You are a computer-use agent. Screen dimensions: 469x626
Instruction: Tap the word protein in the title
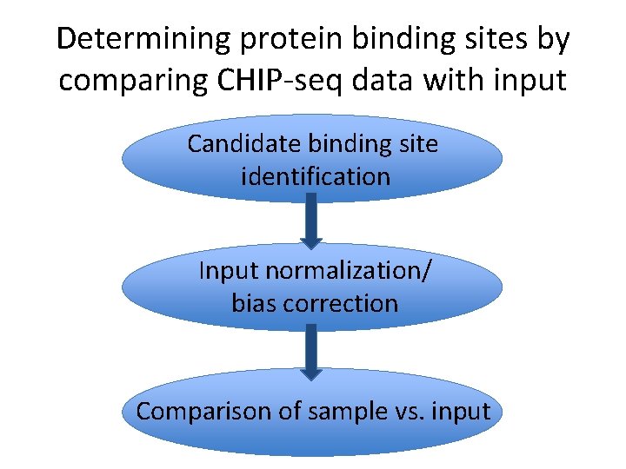[x=278, y=39]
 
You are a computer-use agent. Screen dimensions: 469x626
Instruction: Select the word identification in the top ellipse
[x=315, y=176]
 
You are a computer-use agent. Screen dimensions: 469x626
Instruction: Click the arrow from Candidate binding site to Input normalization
[x=311, y=221]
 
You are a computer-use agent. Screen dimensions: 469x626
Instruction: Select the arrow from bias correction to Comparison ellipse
[x=311, y=349]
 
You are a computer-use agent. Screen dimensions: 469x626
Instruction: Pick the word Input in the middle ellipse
[x=229, y=270]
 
